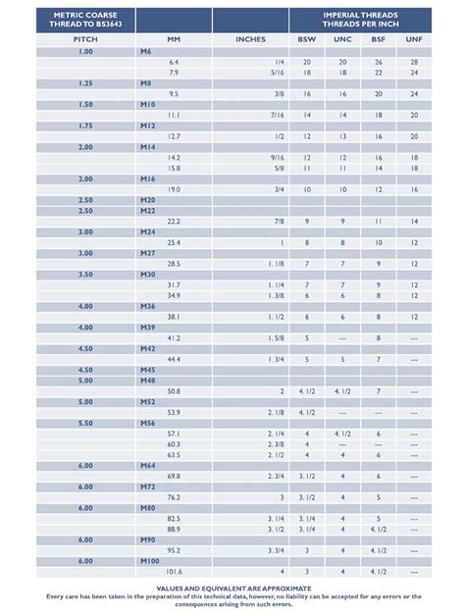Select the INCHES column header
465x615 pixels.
pyautogui.click(x=251, y=38)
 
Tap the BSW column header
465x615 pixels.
pyautogui.click(x=307, y=38)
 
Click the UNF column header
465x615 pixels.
pyautogui.click(x=414, y=38)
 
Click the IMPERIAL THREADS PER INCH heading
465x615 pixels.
pyautogui.click(x=360, y=20)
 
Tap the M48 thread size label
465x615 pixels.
pyautogui.click(x=148, y=380)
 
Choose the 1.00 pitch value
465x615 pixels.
pyautogui.click(x=85, y=50)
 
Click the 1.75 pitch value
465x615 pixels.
pyautogui.click(x=85, y=126)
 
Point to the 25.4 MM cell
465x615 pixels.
pyautogui.click(x=174, y=242)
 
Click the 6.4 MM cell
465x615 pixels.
pyautogui.click(x=174, y=61)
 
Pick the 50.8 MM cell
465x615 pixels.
pyautogui.click(x=174, y=390)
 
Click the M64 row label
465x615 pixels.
pyautogui.click(x=148, y=466)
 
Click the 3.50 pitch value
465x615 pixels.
pyautogui.click(x=85, y=274)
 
